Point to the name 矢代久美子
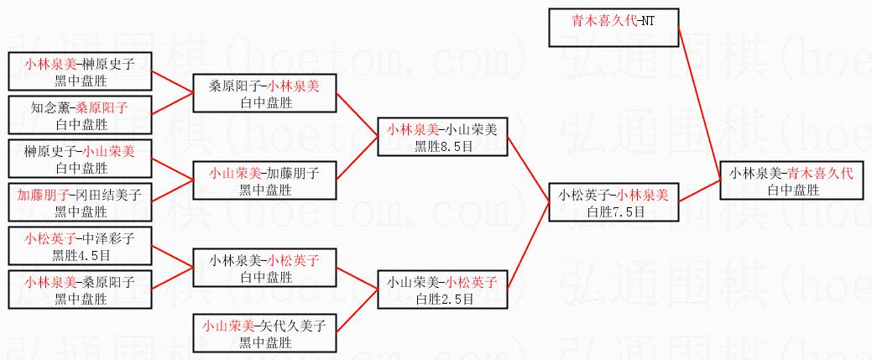(x=295, y=326)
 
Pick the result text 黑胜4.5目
(x=80, y=254)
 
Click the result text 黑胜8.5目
(x=442, y=145)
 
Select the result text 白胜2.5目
(x=442, y=299)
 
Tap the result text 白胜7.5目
(x=614, y=211)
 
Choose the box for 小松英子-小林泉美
(x=614, y=202)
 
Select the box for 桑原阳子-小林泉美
(x=264, y=93)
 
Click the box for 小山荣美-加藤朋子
(x=264, y=180)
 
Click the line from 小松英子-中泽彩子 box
(x=172, y=256)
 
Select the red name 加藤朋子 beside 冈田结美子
(x=42, y=196)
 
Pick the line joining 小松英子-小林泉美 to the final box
(x=700, y=190)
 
